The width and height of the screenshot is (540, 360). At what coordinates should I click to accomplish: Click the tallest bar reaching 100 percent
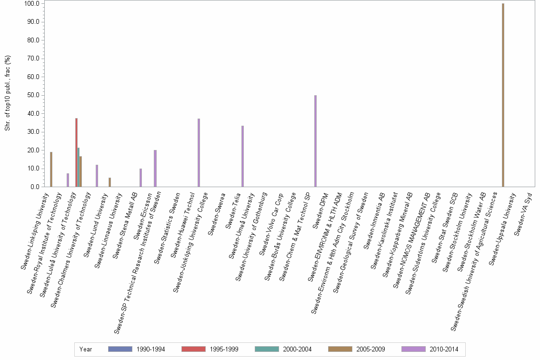tap(503, 95)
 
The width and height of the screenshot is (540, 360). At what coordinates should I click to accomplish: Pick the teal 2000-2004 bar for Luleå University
tap(79, 167)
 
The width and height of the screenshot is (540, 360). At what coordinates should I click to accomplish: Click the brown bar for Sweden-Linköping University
tap(51, 170)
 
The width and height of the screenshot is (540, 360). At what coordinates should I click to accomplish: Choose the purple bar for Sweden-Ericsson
tap(155, 169)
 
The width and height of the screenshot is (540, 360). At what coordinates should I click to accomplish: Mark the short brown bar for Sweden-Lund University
tap(110, 182)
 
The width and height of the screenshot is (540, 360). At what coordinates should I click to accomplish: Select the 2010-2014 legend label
tap(444, 350)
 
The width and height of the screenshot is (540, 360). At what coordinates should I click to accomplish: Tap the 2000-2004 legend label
tap(297, 350)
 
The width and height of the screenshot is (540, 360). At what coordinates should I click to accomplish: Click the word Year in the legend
tap(86, 350)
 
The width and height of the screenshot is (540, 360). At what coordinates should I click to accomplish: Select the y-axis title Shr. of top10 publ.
tap(8, 93)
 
